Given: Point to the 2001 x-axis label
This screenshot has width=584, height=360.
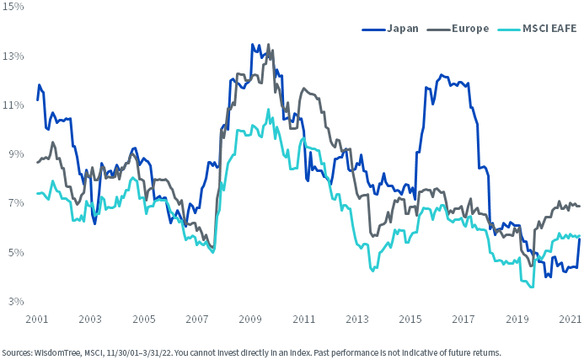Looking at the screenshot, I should [35, 320].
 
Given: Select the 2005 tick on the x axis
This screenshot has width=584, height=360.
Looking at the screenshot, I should [143, 320].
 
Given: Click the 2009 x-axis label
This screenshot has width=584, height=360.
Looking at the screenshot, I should [250, 320].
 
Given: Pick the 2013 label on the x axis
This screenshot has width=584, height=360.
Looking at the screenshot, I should [358, 320].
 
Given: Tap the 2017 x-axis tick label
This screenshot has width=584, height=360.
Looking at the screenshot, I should [464, 320].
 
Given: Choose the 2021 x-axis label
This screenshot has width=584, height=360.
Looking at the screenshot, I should [570, 320].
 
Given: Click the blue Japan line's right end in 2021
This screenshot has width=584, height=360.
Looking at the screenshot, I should [580, 239].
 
